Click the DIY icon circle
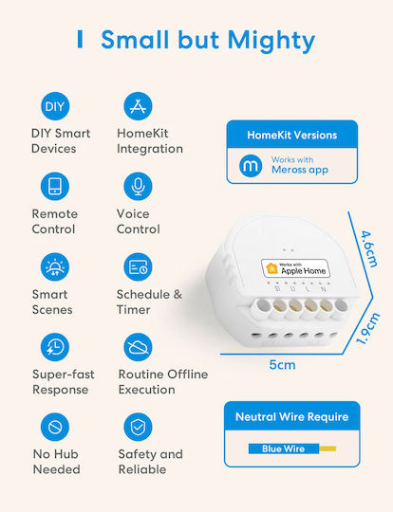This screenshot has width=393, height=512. [x=55, y=106]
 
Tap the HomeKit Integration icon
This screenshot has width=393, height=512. [x=138, y=106]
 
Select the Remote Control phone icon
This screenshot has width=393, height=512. [x=55, y=186]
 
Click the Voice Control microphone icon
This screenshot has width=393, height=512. [x=138, y=186]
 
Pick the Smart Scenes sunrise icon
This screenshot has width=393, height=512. [x=55, y=266]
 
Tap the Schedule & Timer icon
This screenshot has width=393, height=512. [x=138, y=266]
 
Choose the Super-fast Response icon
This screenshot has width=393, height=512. [x=55, y=347]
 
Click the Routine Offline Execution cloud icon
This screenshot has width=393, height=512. [x=138, y=347]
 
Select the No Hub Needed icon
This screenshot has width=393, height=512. [x=55, y=427]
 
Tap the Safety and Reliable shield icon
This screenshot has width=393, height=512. [x=138, y=427]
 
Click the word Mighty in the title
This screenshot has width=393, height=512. [x=271, y=41]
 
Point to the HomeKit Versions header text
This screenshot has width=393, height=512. [x=292, y=135]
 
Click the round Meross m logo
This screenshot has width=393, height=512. [x=251, y=166]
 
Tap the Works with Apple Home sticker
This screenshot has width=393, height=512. [x=295, y=268]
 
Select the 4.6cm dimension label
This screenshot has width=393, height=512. [x=369, y=248]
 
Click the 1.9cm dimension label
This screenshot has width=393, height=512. [x=368, y=328]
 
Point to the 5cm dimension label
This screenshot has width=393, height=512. [x=282, y=365]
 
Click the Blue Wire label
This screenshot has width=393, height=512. [x=283, y=448]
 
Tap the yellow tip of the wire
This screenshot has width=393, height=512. [x=327, y=448]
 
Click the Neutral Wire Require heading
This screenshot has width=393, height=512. [x=292, y=416]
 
